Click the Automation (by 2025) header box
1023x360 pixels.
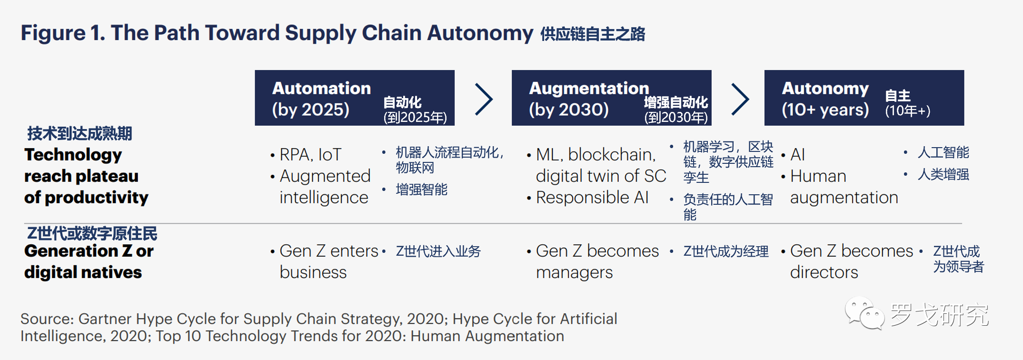coord(355,98)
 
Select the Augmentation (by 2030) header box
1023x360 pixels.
coord(612,98)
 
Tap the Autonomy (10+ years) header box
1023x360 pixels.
coord(864,98)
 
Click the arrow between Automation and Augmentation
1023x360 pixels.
coord(484,100)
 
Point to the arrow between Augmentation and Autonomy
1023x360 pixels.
coord(740,100)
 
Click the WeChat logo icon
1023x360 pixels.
coord(864,313)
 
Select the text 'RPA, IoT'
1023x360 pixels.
coord(310,155)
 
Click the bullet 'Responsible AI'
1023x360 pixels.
coord(592,197)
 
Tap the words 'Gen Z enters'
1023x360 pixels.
coord(329,251)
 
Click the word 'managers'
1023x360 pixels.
coord(574,273)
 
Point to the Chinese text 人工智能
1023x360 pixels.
coord(944,152)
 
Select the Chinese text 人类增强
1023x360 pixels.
coord(944,174)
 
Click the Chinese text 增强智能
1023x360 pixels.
coord(422,190)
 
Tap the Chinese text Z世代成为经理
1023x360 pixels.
coord(726,251)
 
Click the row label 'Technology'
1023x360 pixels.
coord(73,155)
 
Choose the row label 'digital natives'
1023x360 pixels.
coord(83,272)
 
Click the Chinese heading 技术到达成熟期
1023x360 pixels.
coord(79,133)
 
